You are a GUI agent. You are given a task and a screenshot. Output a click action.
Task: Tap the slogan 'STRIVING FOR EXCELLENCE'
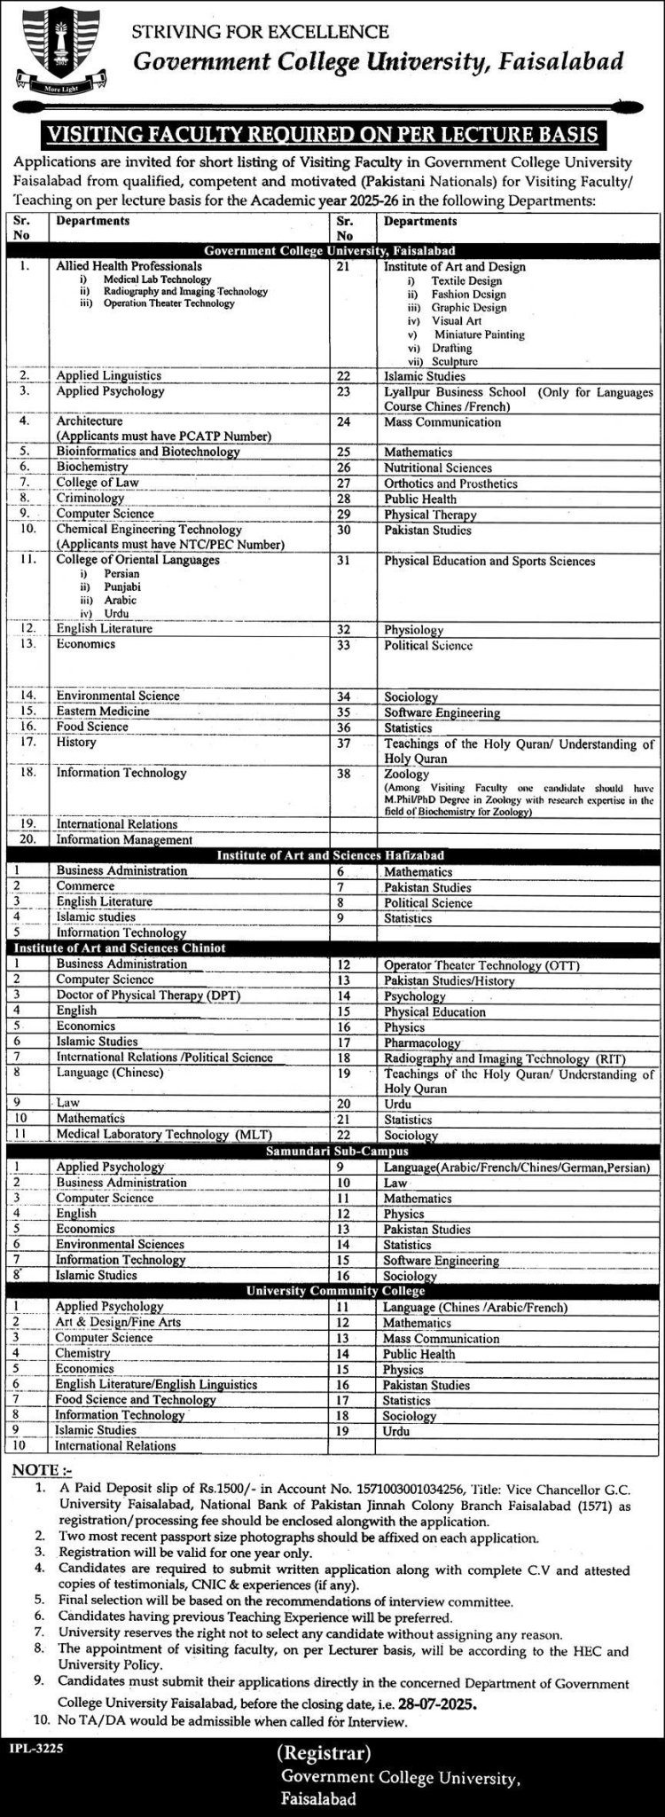(x=260, y=32)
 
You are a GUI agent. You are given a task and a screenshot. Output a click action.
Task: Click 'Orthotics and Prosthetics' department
(x=450, y=484)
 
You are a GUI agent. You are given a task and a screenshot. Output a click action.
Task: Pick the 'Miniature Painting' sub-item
(x=479, y=334)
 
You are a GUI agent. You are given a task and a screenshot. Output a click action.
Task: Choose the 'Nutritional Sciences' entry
(x=437, y=468)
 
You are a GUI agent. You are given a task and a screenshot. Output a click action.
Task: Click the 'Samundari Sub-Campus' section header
(x=332, y=1151)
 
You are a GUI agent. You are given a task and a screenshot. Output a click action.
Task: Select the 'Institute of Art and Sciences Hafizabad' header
(x=332, y=854)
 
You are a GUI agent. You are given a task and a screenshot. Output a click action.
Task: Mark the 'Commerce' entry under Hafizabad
(x=85, y=885)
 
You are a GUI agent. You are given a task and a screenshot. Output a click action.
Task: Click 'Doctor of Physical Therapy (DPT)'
(x=148, y=995)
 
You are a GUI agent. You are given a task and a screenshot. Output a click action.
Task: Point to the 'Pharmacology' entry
(x=421, y=1042)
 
